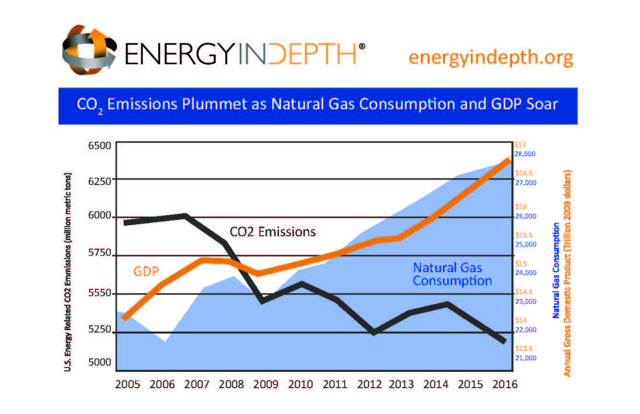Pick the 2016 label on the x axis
505,385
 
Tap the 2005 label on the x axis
127,385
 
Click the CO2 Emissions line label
273,232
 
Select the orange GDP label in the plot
146,271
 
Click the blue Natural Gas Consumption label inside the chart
452,274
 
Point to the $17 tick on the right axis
520,144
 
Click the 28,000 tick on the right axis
525,154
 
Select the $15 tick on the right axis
521,264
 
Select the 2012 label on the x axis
369,385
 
